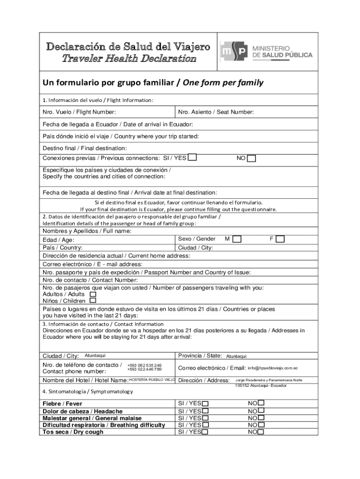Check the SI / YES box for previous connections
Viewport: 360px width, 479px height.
192,158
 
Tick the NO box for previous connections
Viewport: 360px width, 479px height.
252,159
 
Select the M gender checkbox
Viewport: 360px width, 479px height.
237,239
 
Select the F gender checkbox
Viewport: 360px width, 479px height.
280,239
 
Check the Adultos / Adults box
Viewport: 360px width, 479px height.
93,294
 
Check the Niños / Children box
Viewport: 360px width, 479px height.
93,301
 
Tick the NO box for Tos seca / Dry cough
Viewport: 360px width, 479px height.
261,432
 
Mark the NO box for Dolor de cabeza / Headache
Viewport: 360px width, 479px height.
261,411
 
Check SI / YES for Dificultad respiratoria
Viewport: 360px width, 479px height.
205,425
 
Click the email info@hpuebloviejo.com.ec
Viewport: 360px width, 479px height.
273,368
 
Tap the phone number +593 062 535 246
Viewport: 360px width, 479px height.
144,365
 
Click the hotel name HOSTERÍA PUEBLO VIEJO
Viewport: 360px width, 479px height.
151,380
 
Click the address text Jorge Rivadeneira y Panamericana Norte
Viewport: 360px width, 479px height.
268,380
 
